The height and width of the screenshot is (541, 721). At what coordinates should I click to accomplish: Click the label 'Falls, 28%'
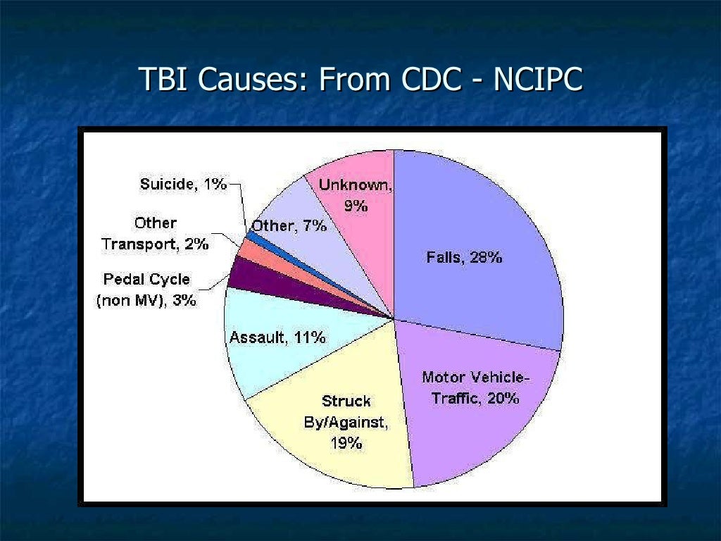point(464,258)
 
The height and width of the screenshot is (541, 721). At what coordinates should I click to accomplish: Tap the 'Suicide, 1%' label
point(183,185)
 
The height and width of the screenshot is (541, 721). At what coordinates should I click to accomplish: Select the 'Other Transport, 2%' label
point(155,234)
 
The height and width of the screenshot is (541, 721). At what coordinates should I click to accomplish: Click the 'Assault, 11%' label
point(277,338)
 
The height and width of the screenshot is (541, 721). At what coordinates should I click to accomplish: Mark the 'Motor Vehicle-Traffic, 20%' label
point(475,387)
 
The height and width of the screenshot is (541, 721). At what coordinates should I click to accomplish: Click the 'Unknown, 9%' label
point(356,195)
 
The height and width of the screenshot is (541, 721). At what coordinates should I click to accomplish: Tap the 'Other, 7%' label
point(289,226)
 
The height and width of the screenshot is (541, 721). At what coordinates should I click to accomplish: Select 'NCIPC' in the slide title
point(538,80)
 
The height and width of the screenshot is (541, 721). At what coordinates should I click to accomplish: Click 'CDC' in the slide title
point(427,80)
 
